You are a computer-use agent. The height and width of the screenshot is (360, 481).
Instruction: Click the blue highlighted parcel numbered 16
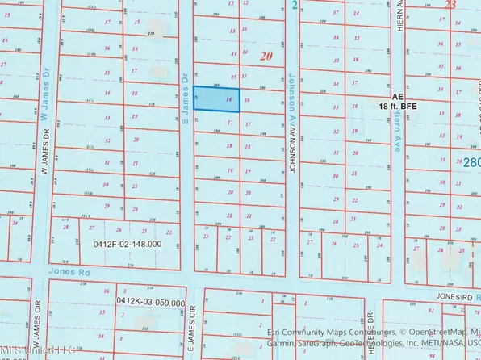tap(222, 99)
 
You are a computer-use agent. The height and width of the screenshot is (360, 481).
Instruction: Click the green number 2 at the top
tap(295, 5)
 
